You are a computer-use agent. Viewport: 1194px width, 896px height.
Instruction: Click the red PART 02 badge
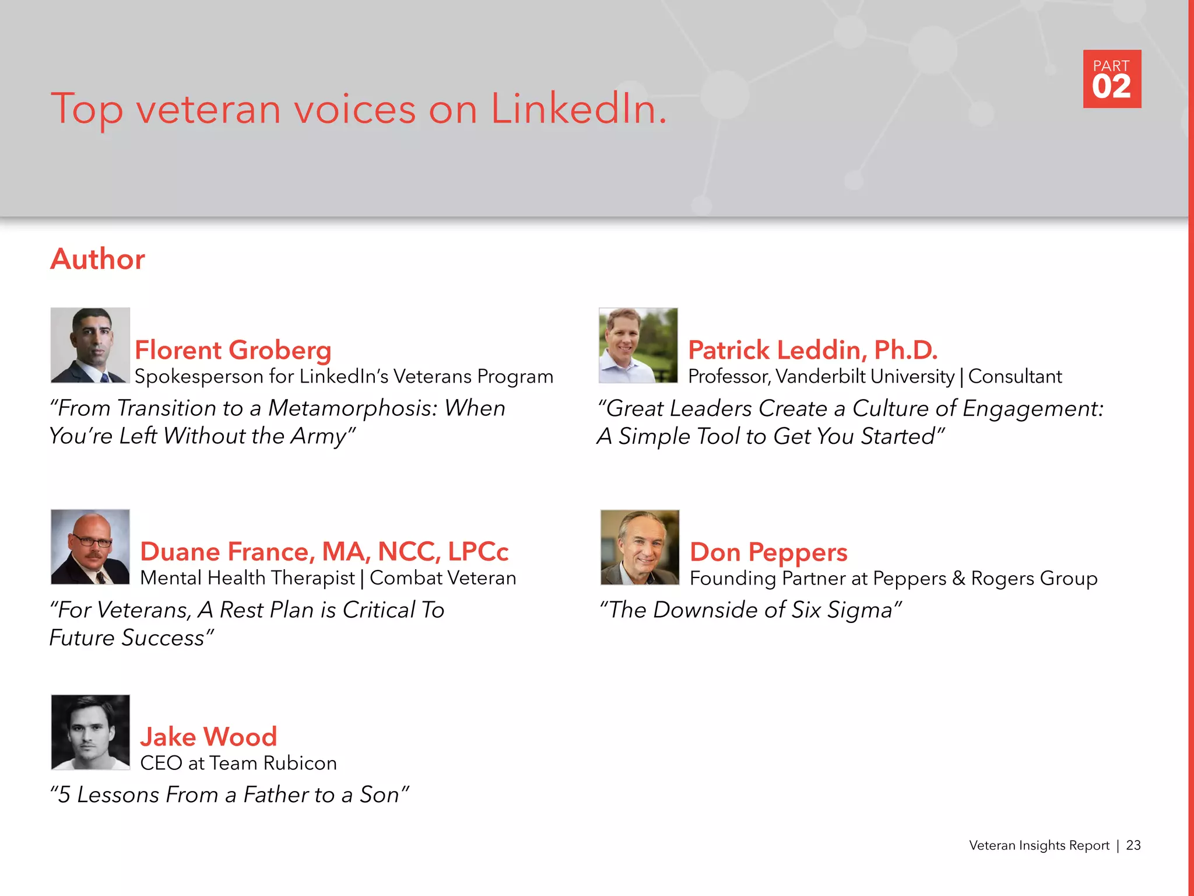tap(1112, 79)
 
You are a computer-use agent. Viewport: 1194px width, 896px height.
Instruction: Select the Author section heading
tap(97, 259)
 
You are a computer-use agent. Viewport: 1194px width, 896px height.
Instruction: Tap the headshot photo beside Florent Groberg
tap(90, 345)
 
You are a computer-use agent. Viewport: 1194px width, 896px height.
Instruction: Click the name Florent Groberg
tap(233, 350)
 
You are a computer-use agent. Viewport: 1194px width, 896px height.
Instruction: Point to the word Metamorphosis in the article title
tap(352, 408)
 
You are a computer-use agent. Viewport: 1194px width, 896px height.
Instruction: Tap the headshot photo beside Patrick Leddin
tap(638, 345)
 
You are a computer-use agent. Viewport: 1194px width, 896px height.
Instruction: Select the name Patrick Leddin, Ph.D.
tap(813, 350)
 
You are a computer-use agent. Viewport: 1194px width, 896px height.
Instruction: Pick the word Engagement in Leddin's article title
tap(1033, 408)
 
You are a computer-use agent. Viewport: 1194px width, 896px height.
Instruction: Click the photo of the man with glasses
tap(90, 547)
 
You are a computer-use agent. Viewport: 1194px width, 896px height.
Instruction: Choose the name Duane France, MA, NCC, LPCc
tap(324, 552)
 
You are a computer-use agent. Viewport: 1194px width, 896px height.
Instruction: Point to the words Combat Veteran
tap(443, 578)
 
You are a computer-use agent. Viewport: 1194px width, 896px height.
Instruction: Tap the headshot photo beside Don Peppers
tap(640, 547)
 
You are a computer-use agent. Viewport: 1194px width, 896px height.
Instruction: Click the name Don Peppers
tap(768, 552)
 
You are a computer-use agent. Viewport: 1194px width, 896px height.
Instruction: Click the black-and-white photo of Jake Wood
tap(90, 732)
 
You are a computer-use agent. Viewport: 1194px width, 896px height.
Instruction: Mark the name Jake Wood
tap(208, 737)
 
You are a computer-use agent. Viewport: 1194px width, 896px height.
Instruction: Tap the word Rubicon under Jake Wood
tap(300, 763)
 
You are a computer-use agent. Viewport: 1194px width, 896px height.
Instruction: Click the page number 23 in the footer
tap(1133, 845)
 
